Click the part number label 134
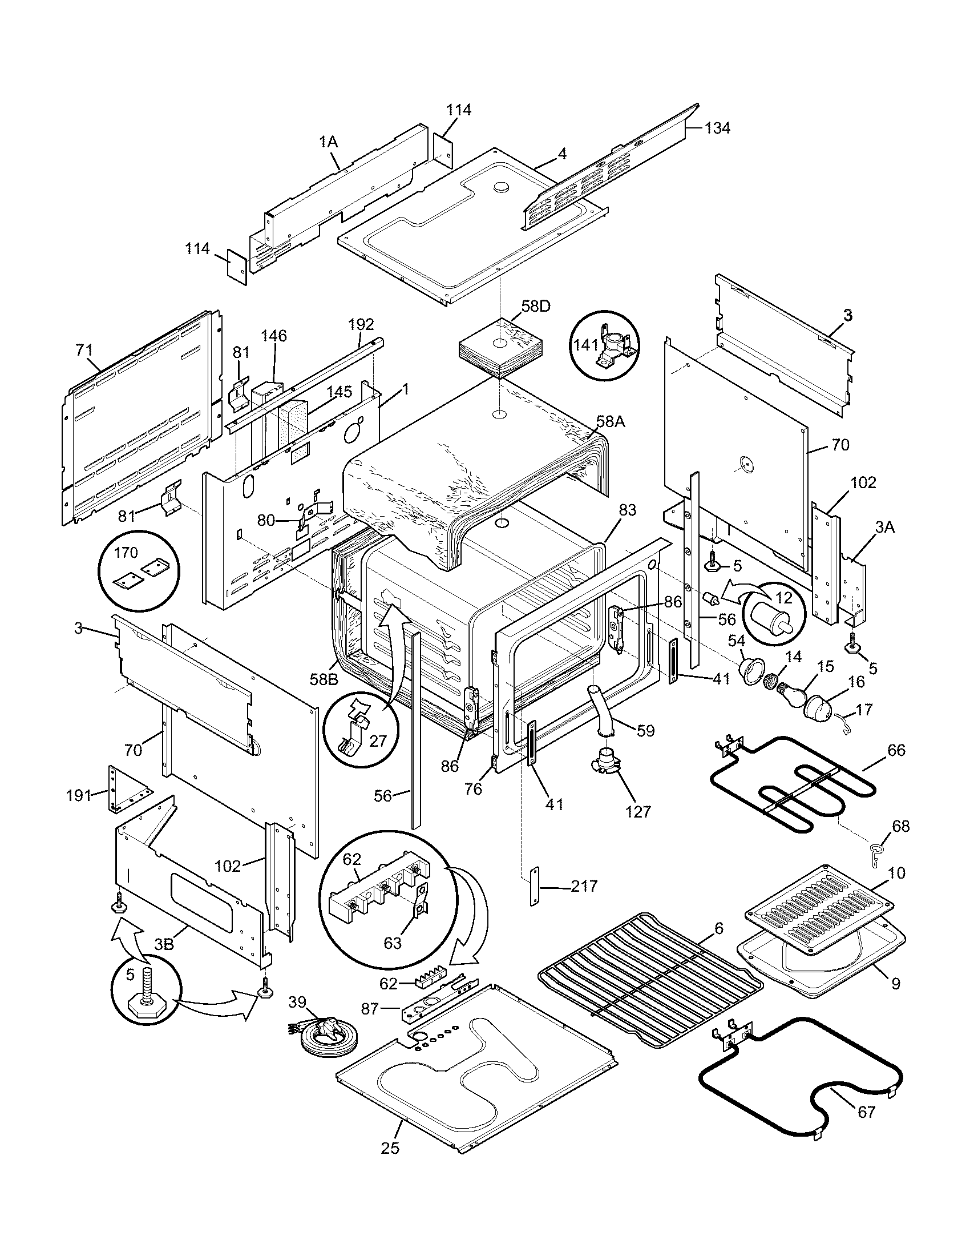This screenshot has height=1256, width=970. pos(717,128)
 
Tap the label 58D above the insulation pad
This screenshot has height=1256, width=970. pos(536,306)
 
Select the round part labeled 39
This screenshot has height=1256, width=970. pos(328,1035)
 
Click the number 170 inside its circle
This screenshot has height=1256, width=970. pos(127,553)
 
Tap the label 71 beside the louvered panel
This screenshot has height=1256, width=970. pos(84,349)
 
